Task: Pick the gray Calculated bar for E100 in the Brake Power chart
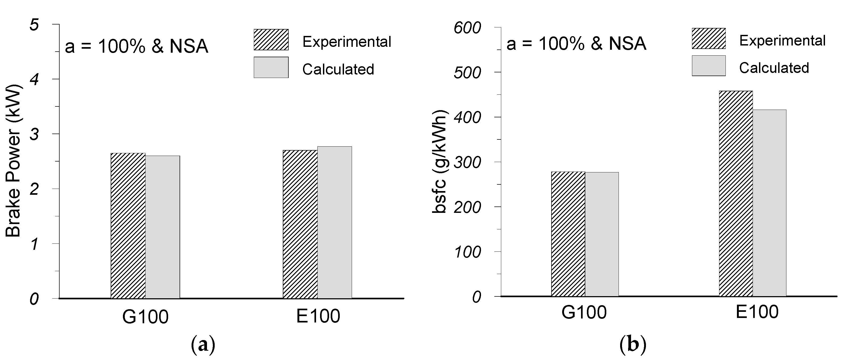(335, 222)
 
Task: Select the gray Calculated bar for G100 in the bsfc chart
(602, 234)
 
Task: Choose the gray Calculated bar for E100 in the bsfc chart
(769, 203)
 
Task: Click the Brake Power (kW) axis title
(13, 161)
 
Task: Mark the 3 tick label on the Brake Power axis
(34, 134)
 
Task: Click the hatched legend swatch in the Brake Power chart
(271, 40)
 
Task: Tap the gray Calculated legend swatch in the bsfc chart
(708, 66)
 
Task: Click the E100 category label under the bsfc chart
(757, 312)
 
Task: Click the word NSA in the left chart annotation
(189, 46)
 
